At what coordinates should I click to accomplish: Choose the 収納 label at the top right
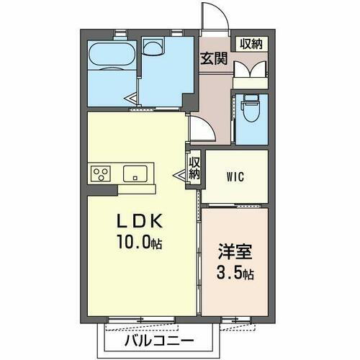click(251, 44)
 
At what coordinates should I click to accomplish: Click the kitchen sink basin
click(135, 174)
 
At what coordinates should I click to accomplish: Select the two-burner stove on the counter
click(100, 174)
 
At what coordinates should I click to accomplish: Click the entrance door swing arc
click(212, 16)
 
